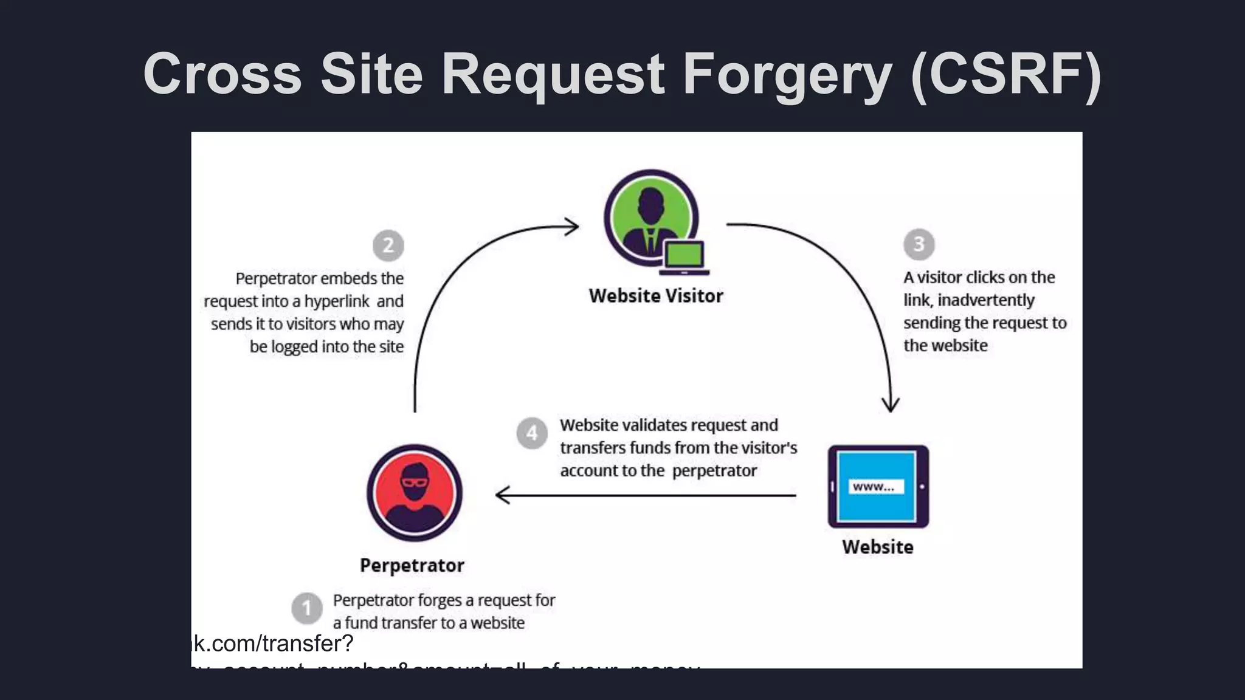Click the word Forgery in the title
[x=787, y=75]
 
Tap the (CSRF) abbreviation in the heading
[x=1005, y=75]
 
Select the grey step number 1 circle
[x=306, y=608]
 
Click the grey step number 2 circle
[x=388, y=245]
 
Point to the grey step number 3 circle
[x=919, y=244]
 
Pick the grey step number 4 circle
[x=532, y=433]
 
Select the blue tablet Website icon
[x=878, y=486]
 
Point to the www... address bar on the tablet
[x=875, y=487]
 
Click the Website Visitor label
[x=656, y=296]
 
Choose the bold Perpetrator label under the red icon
[x=412, y=565]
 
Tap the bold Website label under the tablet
[x=878, y=547]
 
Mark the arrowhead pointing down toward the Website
[x=891, y=405]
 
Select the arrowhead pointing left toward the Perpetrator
[x=502, y=495]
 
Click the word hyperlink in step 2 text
[x=337, y=301]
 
